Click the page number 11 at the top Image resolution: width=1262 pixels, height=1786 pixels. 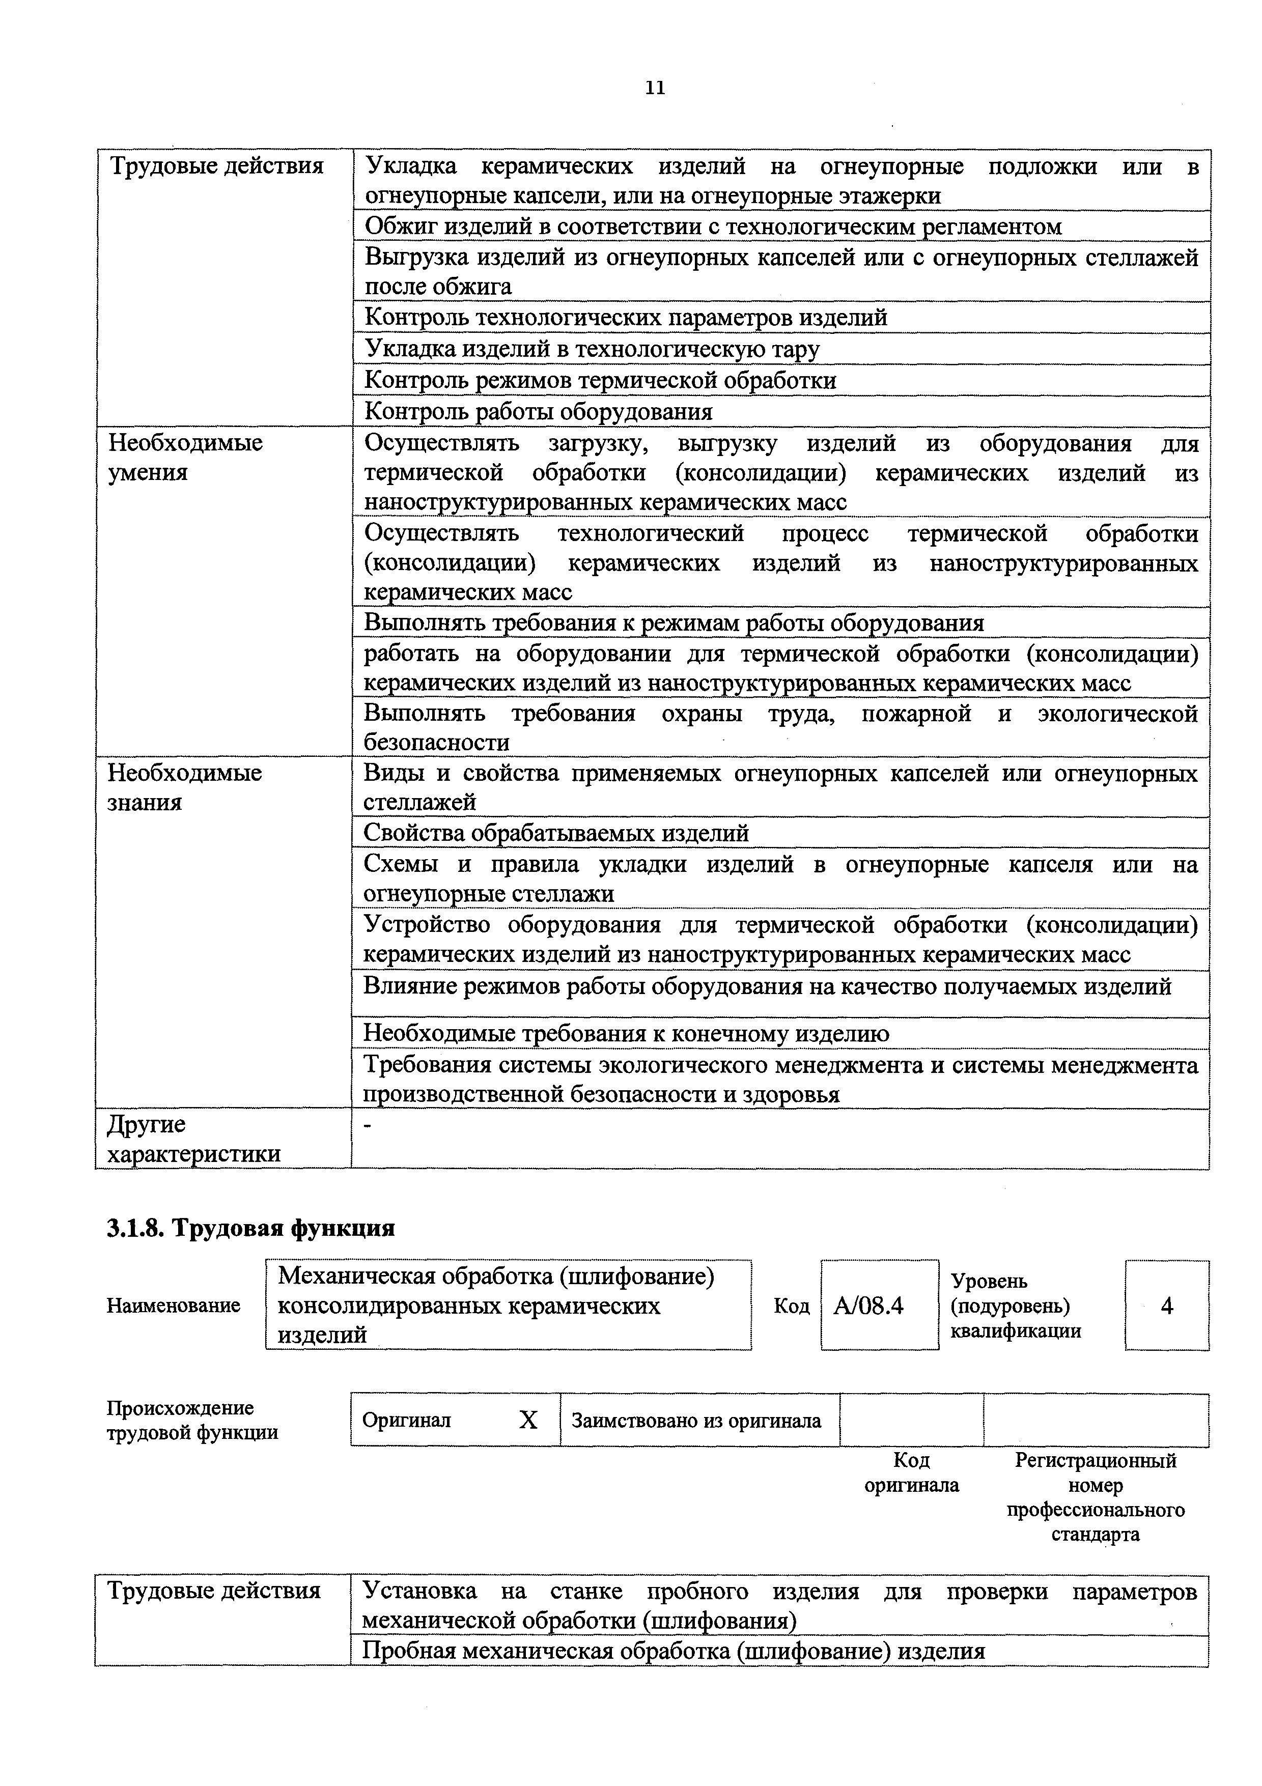[x=655, y=88]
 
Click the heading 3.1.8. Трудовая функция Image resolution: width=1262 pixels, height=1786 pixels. [x=250, y=1228]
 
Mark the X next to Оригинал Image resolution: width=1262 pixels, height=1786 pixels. [x=528, y=1421]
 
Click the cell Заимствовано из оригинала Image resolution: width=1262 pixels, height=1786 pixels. [x=696, y=1421]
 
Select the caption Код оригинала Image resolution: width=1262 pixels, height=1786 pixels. [x=911, y=1472]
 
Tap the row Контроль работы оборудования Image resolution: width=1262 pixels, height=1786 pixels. [x=539, y=411]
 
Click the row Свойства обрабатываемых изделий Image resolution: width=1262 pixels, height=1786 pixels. [x=556, y=833]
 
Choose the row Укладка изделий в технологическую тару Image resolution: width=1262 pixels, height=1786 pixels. [x=592, y=349]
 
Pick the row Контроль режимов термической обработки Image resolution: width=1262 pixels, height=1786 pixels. [x=601, y=380]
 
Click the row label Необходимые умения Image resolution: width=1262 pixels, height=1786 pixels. [x=185, y=458]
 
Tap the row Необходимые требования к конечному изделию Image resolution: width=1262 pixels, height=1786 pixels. [x=626, y=1034]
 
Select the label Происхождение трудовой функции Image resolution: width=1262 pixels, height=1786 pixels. [x=192, y=1421]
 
